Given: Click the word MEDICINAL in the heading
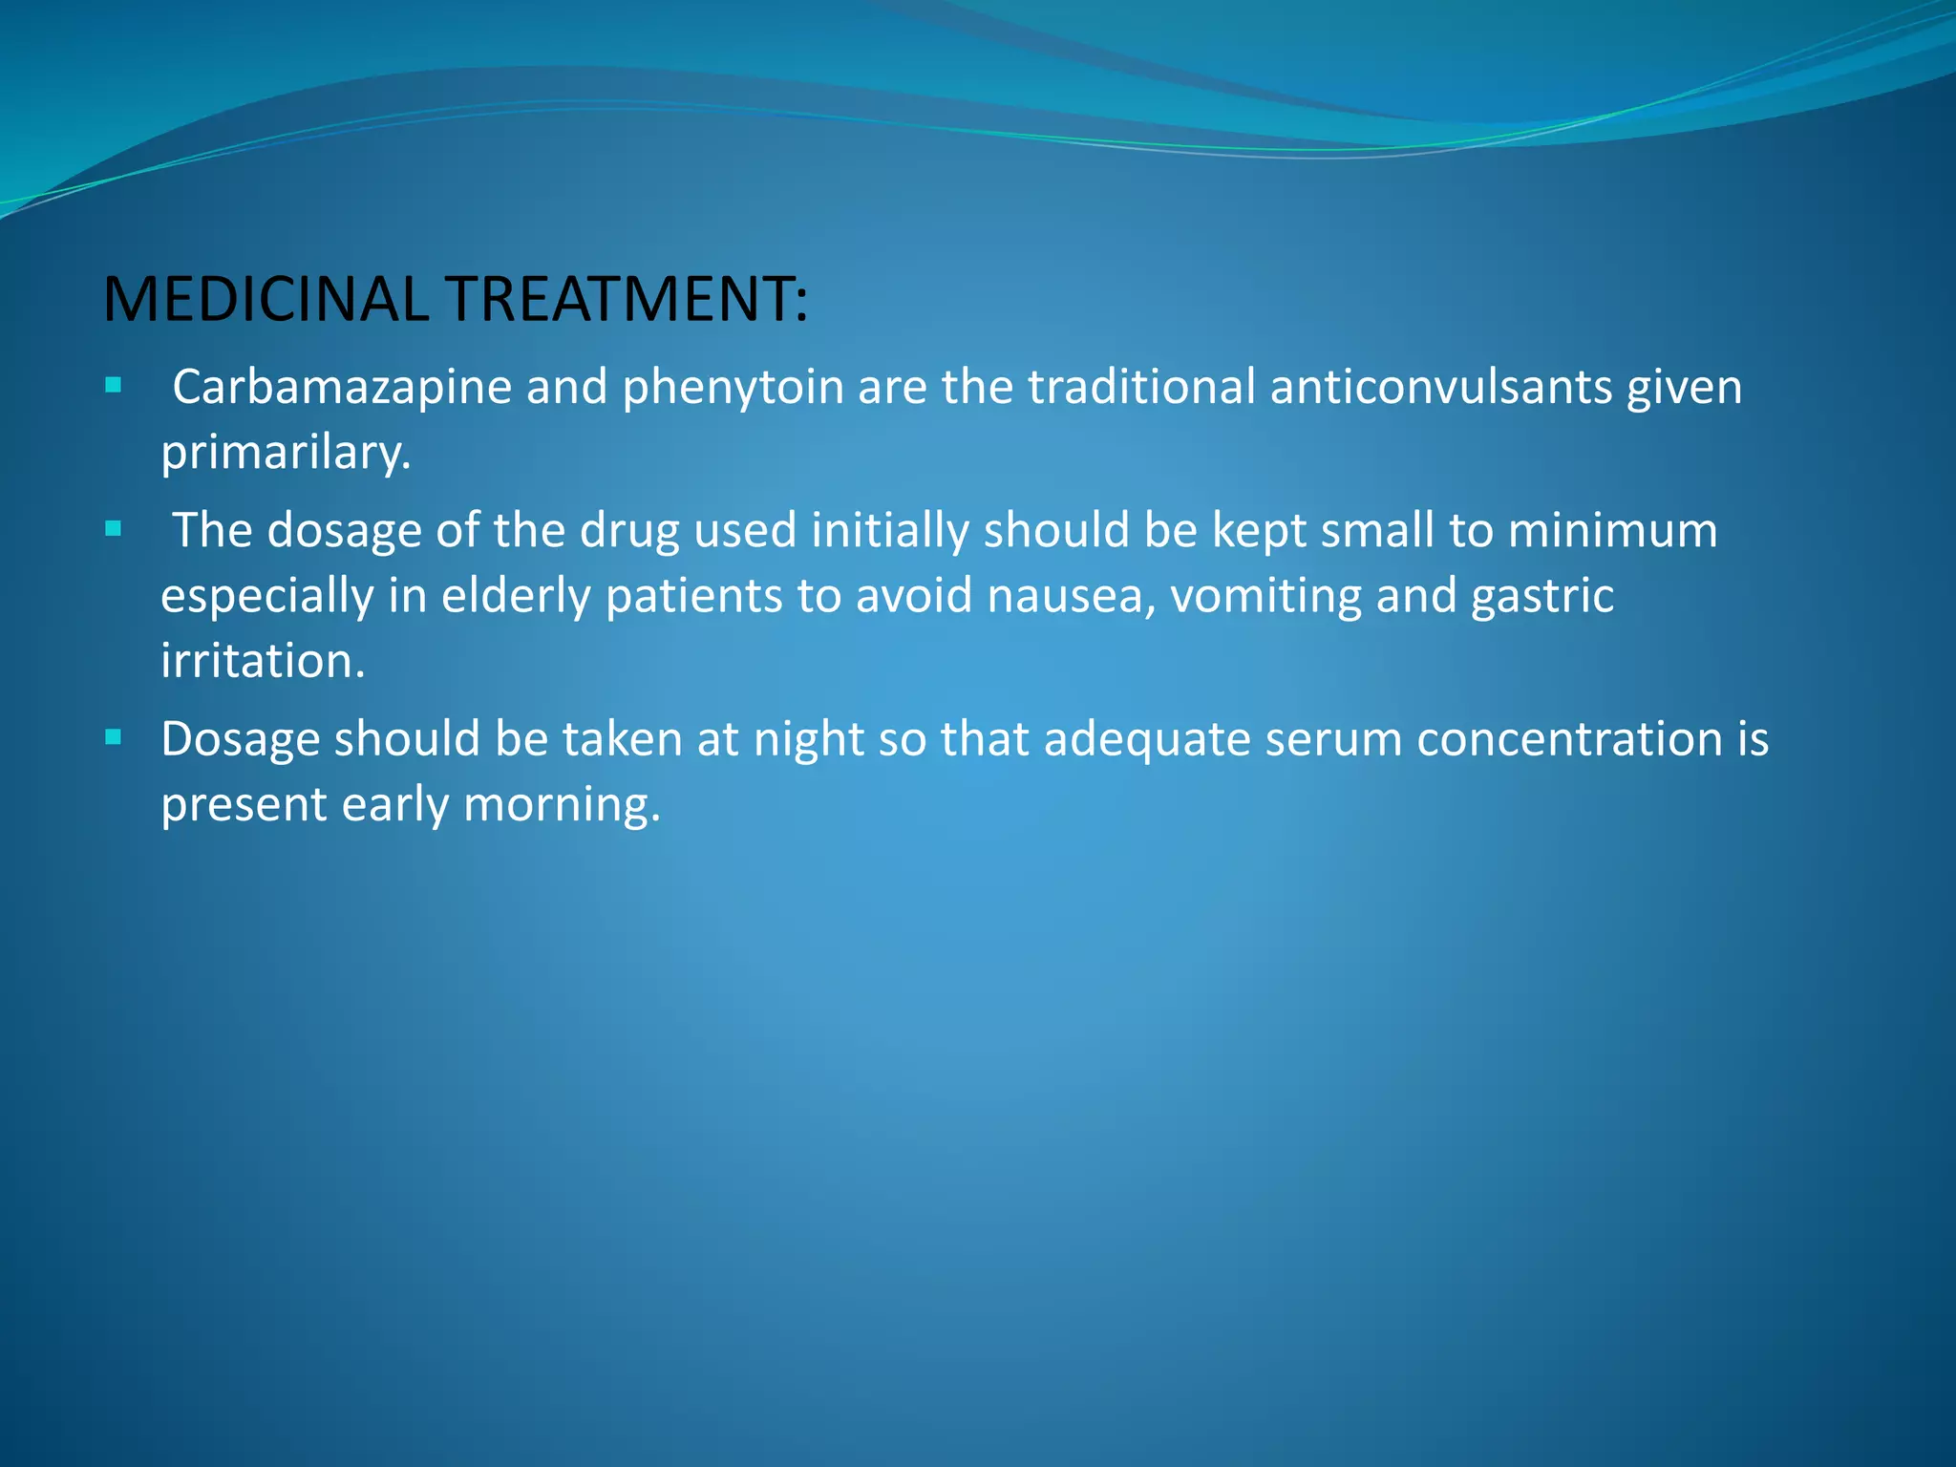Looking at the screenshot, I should [x=266, y=299].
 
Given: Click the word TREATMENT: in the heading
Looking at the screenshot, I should [x=627, y=299].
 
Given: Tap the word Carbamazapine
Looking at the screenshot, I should [x=342, y=389].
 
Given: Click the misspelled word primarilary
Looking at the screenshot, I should [x=285, y=453].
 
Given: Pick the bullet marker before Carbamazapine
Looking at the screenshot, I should [x=114, y=386].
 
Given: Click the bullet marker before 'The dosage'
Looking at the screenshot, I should [x=114, y=529].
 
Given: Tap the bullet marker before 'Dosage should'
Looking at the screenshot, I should [x=114, y=737].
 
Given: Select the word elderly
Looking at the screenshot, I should [x=516, y=597].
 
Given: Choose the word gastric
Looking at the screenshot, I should [x=1542, y=597].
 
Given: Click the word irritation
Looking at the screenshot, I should [x=263, y=661].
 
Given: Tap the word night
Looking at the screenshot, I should [x=808, y=740].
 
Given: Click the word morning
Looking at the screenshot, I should [x=562, y=805].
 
